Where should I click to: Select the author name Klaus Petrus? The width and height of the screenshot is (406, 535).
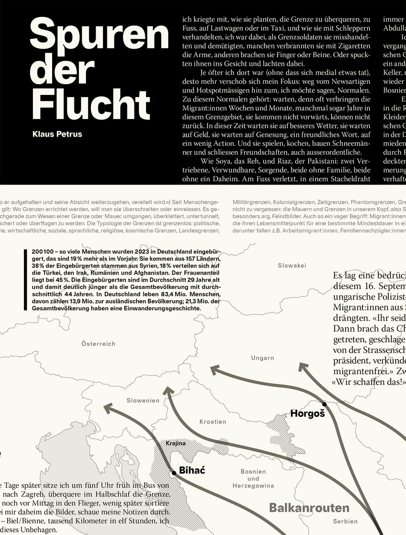pyautogui.click(x=57, y=134)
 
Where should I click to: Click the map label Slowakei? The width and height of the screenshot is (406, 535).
pyautogui.click(x=292, y=265)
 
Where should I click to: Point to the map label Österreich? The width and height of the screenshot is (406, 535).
pyautogui.click(x=98, y=344)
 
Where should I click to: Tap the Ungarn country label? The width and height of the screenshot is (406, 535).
pyautogui.click(x=263, y=358)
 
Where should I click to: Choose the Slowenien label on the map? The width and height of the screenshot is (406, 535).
pyautogui.click(x=142, y=400)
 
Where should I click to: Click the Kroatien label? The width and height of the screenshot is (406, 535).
pyautogui.click(x=213, y=421)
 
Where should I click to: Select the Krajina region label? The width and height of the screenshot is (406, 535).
pyautogui.click(x=175, y=444)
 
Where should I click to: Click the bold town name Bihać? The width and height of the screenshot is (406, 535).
pyautogui.click(x=192, y=469)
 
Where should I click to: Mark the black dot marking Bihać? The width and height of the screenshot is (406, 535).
pyautogui.click(x=174, y=473)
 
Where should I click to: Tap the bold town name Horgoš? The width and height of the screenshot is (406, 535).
pyautogui.click(x=308, y=413)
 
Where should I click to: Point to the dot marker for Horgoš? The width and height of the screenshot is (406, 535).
pyautogui.click(x=325, y=405)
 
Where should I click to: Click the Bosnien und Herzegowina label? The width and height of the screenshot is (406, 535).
pyautogui.click(x=253, y=478)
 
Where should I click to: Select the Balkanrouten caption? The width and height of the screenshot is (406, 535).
pyautogui.click(x=309, y=508)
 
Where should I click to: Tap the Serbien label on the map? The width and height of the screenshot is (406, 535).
pyautogui.click(x=345, y=521)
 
